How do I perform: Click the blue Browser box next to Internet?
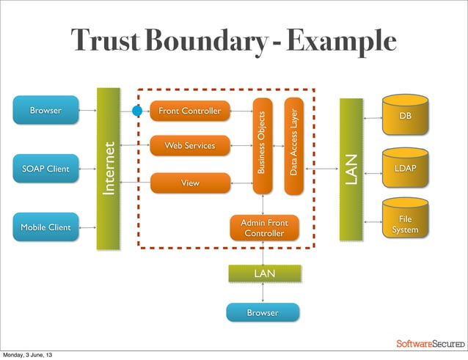click(45, 111)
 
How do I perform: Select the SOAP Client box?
click(45, 169)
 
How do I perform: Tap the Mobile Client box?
click(45, 227)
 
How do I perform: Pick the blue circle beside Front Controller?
click(137, 111)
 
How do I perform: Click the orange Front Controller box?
click(189, 111)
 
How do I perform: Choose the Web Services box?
click(189, 146)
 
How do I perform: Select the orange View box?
click(190, 183)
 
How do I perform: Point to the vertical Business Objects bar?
click(263, 145)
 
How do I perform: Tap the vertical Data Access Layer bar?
click(293, 145)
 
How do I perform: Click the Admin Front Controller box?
click(264, 227)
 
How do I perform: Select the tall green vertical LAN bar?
click(351, 169)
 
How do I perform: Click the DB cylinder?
click(405, 117)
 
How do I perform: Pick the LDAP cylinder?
click(405, 169)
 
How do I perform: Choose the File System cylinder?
click(405, 224)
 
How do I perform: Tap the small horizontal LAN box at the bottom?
click(264, 273)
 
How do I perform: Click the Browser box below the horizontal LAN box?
click(263, 313)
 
